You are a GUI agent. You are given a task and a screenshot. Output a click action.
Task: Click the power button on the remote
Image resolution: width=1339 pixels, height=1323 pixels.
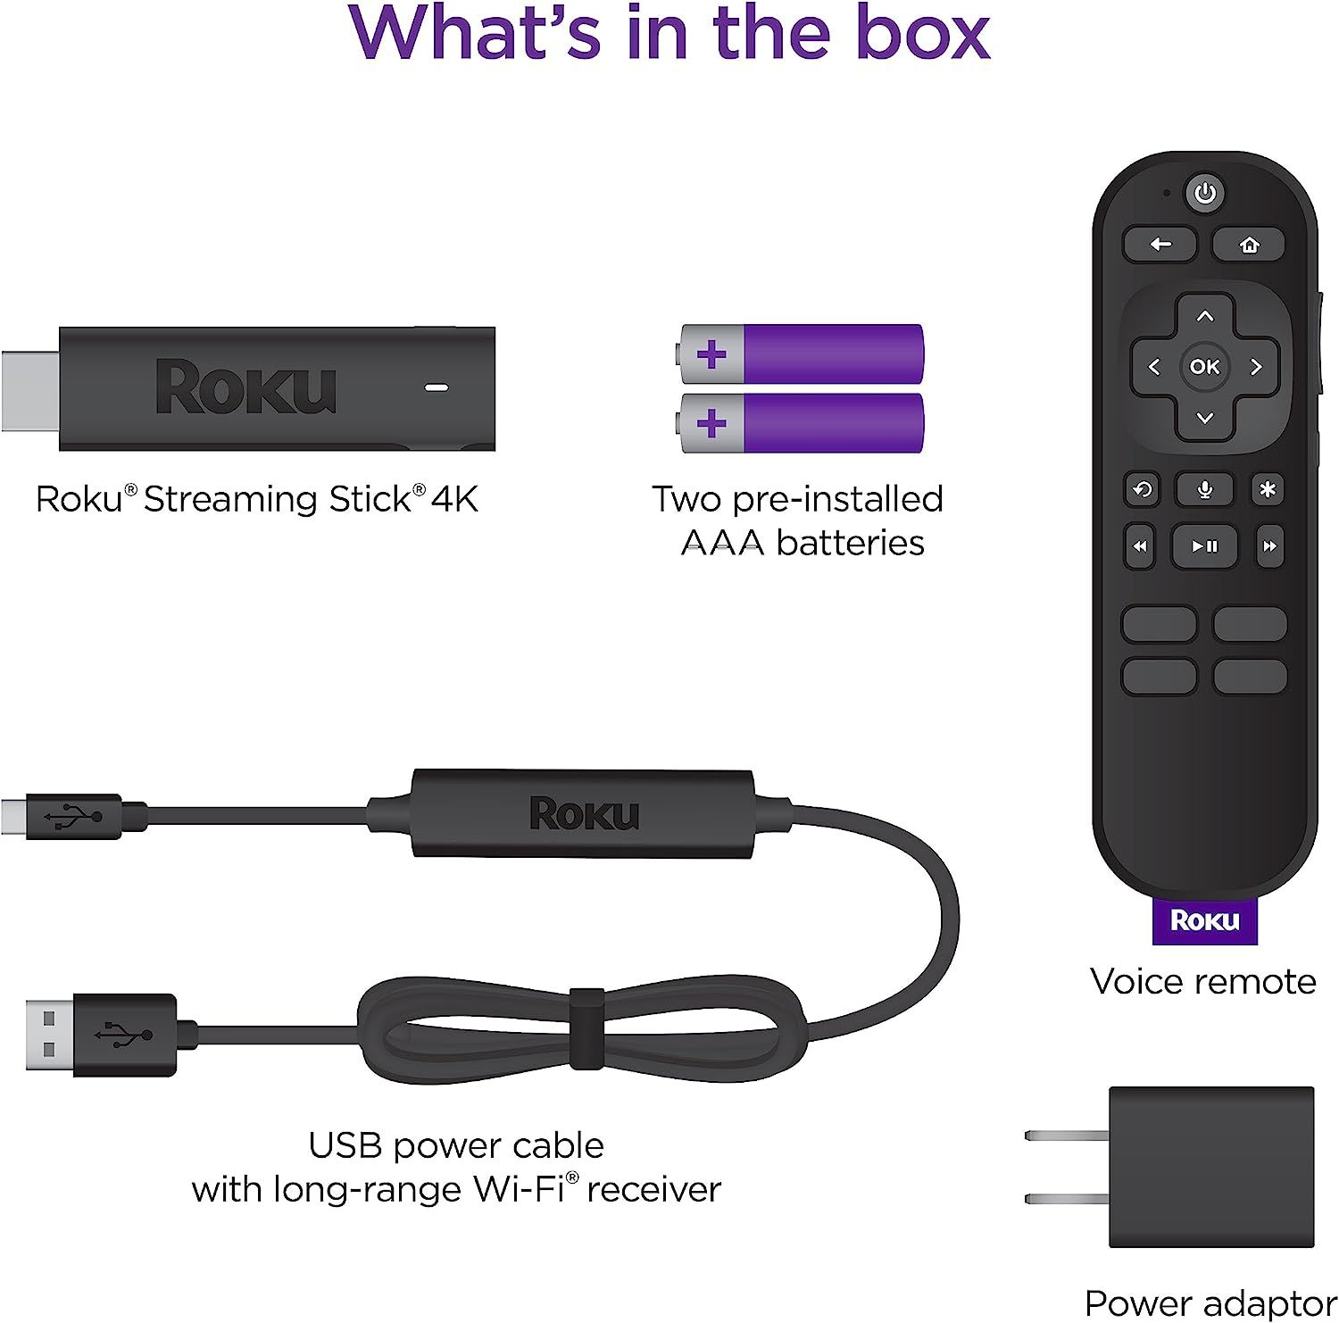point(1205,193)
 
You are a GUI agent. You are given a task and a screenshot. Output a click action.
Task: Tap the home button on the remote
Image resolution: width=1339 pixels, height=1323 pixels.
point(1249,245)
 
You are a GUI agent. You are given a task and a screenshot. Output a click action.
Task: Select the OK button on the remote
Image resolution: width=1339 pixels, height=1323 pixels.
point(1204,366)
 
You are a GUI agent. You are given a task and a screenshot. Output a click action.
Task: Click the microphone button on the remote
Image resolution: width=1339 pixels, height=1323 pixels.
point(1204,489)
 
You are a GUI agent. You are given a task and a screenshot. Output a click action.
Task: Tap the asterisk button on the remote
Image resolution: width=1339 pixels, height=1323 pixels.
point(1267,489)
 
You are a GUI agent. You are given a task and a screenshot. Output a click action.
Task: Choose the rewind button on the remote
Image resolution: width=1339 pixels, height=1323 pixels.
point(1140,546)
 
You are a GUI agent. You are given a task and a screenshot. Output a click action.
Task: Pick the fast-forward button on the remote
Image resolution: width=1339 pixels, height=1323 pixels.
point(1268,546)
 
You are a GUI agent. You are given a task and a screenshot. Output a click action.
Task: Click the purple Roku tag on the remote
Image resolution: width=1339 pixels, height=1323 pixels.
point(1204,920)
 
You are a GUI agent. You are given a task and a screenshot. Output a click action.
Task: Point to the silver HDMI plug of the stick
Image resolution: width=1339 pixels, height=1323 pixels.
point(29,390)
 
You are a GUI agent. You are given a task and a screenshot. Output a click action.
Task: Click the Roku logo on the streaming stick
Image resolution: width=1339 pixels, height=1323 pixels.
point(245,388)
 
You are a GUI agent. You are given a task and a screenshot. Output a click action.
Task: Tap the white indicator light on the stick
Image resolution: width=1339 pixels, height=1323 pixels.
point(437,388)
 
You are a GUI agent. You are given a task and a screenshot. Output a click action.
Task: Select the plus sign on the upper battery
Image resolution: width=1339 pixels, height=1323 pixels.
point(711,354)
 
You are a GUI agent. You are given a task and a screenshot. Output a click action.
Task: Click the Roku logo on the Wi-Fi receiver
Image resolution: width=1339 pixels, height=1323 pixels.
point(584,814)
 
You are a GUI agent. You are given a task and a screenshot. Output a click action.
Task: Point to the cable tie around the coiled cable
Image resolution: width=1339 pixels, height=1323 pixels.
point(586,1028)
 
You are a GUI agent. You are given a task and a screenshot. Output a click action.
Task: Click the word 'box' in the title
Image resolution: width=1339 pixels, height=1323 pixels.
point(923,34)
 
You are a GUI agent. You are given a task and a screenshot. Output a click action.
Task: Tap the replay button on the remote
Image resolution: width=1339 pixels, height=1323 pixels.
point(1142,489)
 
